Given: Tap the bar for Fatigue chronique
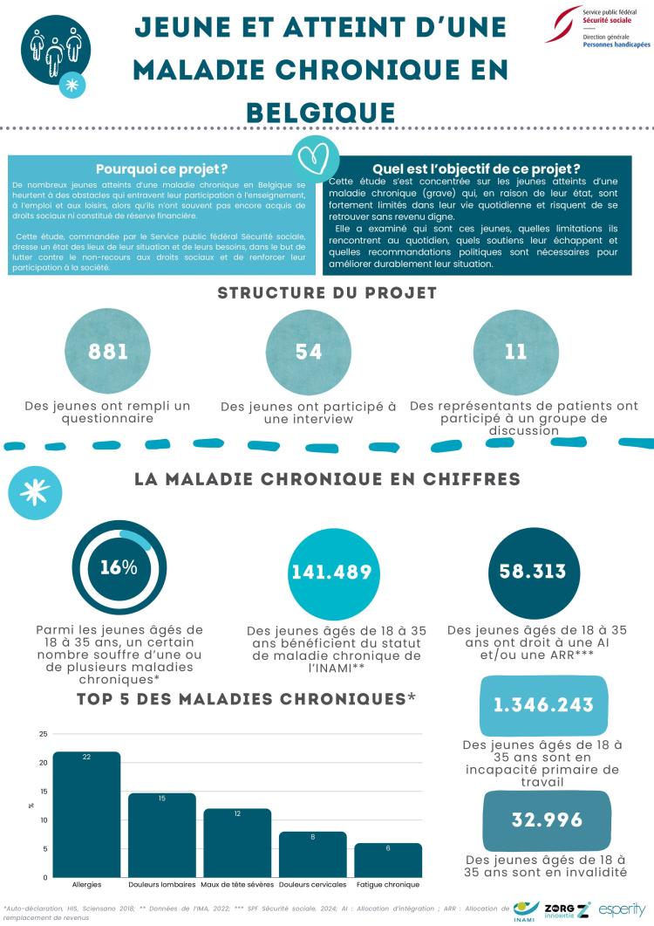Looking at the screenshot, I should [388, 860].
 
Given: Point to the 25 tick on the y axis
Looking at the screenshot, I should [43, 734].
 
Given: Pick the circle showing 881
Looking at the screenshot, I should [108, 353].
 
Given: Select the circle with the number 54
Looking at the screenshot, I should [309, 353].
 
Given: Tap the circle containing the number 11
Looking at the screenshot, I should [515, 353].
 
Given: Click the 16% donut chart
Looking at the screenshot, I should [118, 567].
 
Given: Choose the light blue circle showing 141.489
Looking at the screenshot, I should [332, 573].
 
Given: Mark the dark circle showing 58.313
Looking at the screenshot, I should [532, 572].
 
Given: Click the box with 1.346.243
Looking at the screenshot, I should [544, 704].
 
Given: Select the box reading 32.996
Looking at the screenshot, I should [546, 820].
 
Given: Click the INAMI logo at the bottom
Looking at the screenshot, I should [526, 909].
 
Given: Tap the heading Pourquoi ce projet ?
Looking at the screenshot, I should [161, 169].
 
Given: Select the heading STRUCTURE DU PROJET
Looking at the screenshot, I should [326, 293].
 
